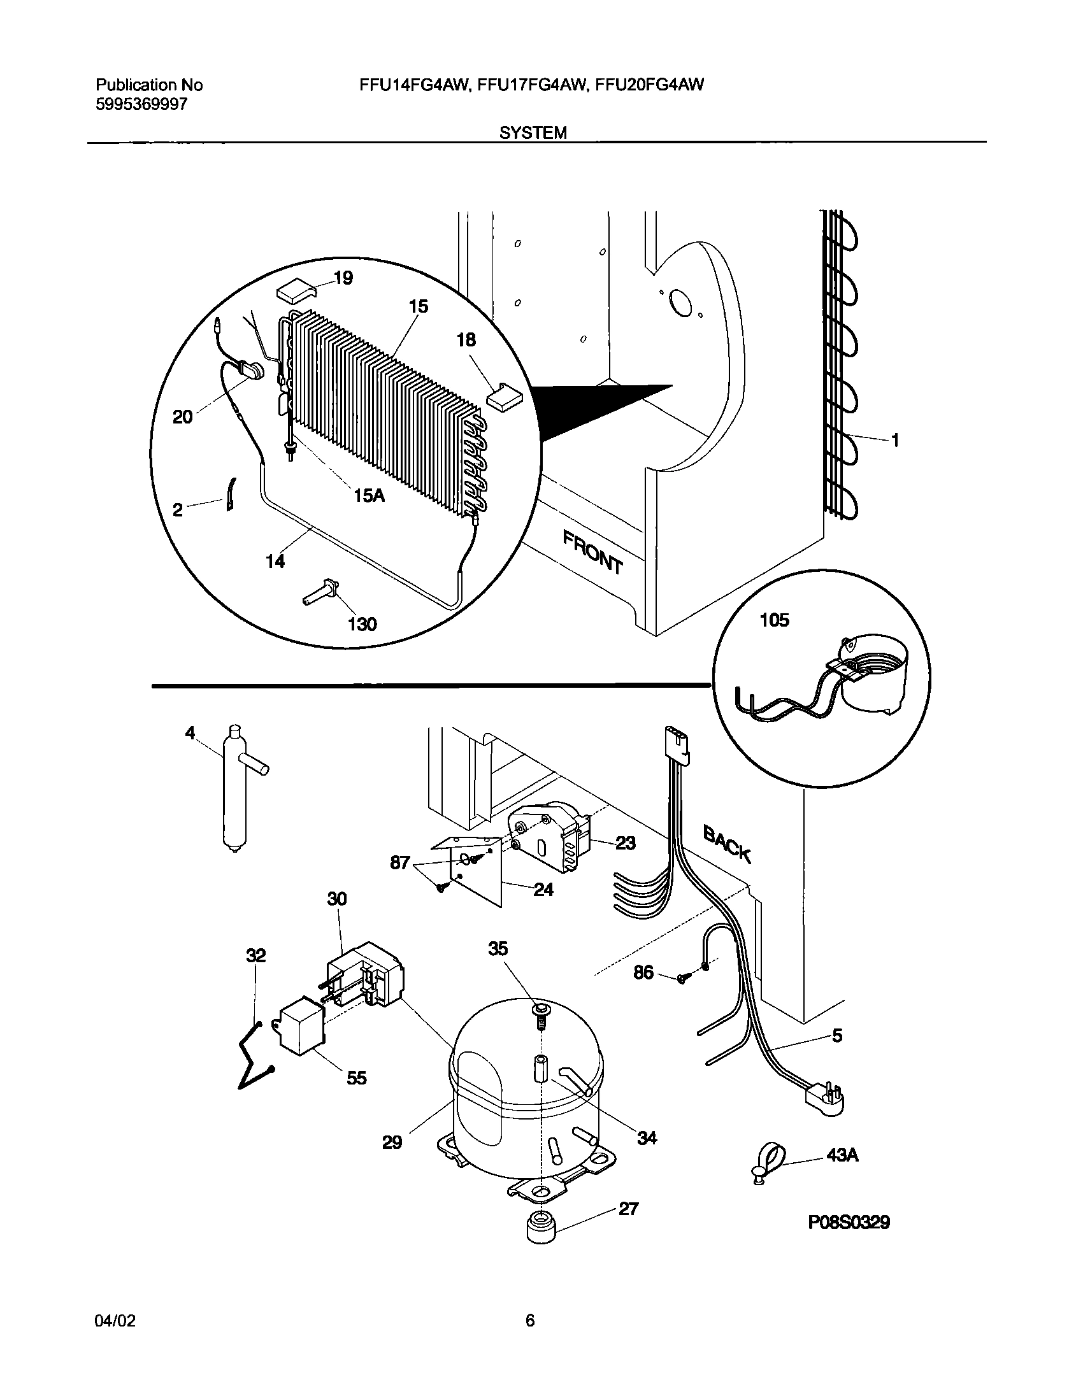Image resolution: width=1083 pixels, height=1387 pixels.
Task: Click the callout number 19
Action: coord(343,278)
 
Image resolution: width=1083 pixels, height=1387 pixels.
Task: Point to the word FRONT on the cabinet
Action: coord(592,553)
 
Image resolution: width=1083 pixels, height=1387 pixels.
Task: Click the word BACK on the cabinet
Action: coord(727,844)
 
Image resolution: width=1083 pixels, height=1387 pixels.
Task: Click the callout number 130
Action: coord(362,624)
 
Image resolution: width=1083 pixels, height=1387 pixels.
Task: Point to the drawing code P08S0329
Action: coord(849,1222)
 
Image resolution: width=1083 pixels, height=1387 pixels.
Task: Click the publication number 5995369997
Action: coord(141,104)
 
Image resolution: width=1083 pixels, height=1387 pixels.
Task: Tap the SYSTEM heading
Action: coord(533,132)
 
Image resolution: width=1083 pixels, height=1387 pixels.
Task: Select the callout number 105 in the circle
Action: coord(774,620)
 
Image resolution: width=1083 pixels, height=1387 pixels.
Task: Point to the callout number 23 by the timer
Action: coord(626,843)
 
